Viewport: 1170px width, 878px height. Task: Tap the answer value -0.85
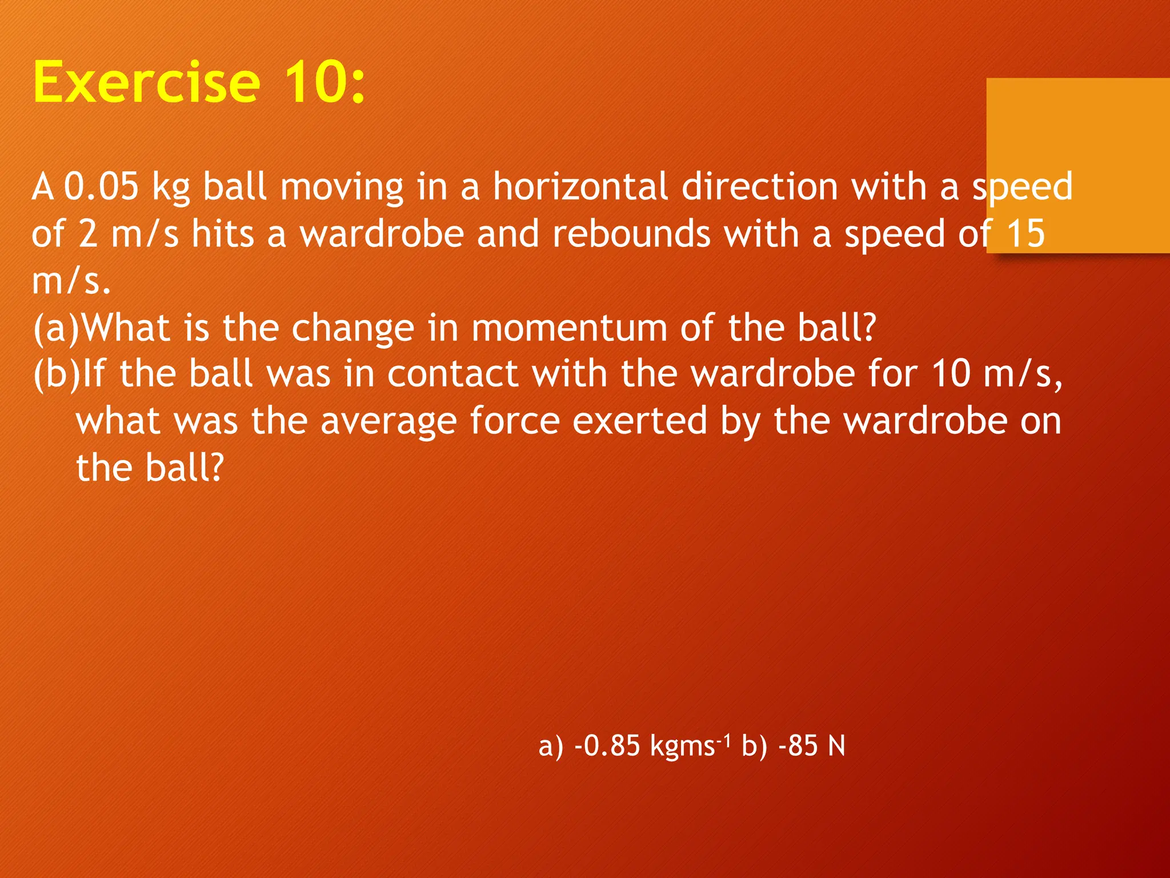pyautogui.click(x=607, y=747)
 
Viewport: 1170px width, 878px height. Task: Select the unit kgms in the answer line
pyautogui.click(x=683, y=747)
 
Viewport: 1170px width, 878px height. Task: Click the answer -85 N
pyautogui.click(x=811, y=747)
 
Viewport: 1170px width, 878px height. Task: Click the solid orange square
pyautogui.click(x=1077, y=165)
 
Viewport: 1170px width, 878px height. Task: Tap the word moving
pyautogui.click(x=342, y=187)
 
